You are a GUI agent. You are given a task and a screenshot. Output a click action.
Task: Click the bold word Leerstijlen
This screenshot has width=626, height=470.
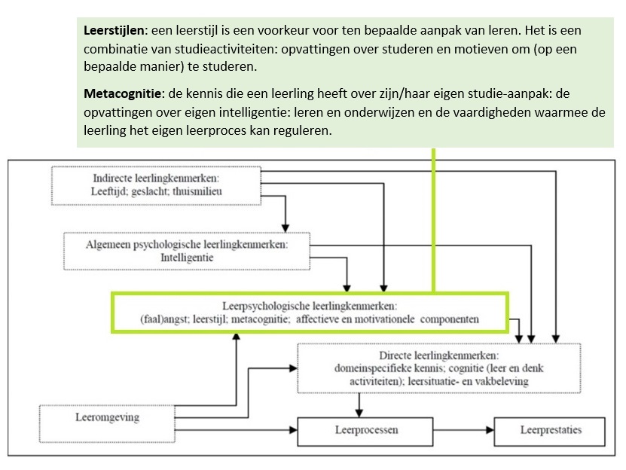click(x=115, y=32)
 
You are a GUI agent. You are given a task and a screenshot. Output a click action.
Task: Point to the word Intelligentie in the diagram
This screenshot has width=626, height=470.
click(x=188, y=258)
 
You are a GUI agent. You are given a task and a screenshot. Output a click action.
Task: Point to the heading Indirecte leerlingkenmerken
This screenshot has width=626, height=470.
click(x=155, y=179)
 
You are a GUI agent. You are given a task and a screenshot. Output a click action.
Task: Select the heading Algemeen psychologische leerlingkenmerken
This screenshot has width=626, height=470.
click(x=188, y=245)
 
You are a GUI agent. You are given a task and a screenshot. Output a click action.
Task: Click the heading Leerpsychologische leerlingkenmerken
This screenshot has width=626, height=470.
click(x=310, y=307)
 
